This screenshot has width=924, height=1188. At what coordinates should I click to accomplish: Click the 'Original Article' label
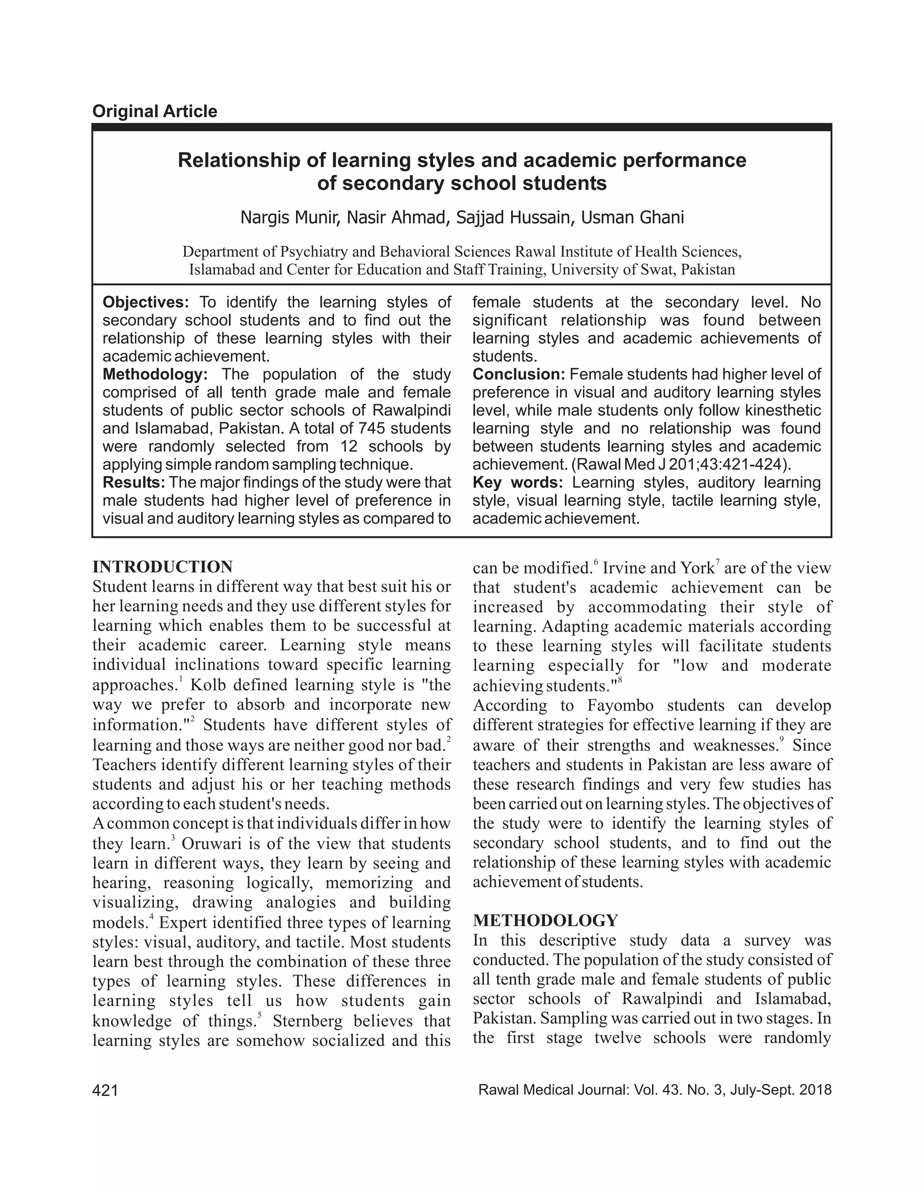point(154,111)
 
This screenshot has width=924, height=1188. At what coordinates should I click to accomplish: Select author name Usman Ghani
point(632,217)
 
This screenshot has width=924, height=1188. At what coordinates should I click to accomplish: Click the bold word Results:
point(134,482)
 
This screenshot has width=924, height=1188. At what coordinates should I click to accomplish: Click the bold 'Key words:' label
point(517,482)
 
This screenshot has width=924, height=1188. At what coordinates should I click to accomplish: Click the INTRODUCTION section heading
point(162,567)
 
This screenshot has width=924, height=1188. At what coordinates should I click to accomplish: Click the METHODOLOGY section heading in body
point(545,920)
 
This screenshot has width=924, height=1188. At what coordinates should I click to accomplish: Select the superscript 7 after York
point(718,562)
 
